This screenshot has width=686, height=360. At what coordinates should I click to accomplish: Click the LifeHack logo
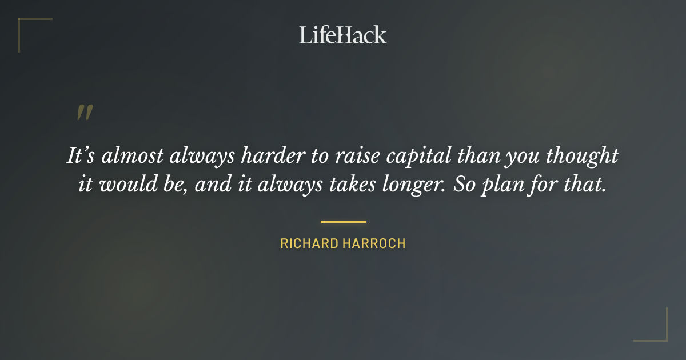[x=342, y=35]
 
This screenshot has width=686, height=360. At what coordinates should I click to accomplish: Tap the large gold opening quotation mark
[x=84, y=113]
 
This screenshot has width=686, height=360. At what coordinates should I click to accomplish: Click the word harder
[x=264, y=157]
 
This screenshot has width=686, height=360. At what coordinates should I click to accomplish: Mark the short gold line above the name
[x=343, y=222]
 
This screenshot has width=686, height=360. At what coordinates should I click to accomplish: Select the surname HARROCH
[x=374, y=243]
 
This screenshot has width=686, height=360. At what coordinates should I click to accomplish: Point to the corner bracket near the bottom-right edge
[x=657, y=331]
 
